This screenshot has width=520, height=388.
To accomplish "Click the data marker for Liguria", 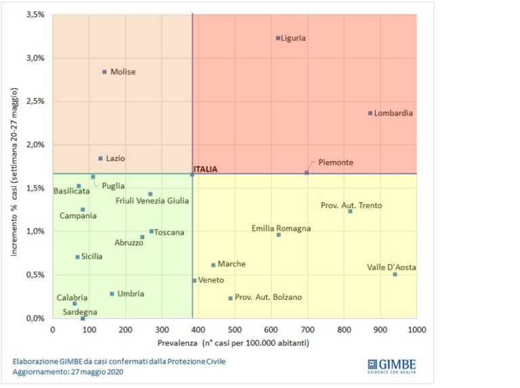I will pyautogui.click(x=278, y=38).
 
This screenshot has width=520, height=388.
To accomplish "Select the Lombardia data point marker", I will pyautogui.click(x=370, y=113).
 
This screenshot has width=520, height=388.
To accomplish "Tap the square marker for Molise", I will pyautogui.click(x=104, y=72).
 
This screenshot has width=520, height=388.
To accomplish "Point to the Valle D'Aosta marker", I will pyautogui.click(x=395, y=274).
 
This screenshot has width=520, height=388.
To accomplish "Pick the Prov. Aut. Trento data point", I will pyautogui.click(x=350, y=211).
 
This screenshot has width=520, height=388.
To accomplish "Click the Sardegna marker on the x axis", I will pyautogui.click(x=83, y=318).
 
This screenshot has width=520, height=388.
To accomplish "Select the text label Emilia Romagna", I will pyautogui.click(x=281, y=228).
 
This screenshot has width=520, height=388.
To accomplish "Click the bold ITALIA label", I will pyautogui.click(x=205, y=169).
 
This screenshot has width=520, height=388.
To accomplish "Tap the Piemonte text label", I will pyautogui.click(x=335, y=163).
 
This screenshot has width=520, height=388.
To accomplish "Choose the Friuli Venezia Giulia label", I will pyautogui.click(x=152, y=200).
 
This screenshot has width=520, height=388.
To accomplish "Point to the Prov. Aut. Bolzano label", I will pyautogui.click(x=268, y=297).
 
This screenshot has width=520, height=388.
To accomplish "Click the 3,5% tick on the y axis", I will pyautogui.click(x=35, y=14).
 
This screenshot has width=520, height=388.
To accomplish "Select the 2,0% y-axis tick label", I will pyautogui.click(x=35, y=144).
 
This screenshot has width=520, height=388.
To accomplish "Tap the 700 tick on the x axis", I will pyautogui.click(x=307, y=329).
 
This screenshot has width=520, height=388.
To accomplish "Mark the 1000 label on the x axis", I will pyautogui.click(x=416, y=329).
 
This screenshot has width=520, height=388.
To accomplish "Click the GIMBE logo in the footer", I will pyautogui.click(x=391, y=366).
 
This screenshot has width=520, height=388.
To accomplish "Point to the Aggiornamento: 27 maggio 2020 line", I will pyautogui.click(x=68, y=372).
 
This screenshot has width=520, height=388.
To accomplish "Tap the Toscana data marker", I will pyautogui.click(x=152, y=232).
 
